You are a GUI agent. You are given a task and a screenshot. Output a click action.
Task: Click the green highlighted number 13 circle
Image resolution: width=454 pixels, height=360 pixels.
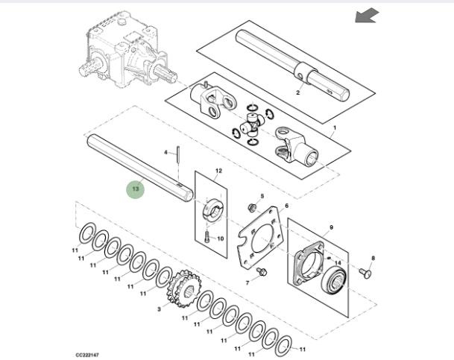tap(136, 189)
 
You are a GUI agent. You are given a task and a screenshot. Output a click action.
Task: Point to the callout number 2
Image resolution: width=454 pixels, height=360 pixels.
tap(298, 92)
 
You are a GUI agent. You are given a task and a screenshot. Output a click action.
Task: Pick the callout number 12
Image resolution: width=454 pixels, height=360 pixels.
tap(218, 171)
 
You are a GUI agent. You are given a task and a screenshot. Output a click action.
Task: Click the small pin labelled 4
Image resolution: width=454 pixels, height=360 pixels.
tap(179, 154)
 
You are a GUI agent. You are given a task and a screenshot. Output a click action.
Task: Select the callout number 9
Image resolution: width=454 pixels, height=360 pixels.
tap(331, 227)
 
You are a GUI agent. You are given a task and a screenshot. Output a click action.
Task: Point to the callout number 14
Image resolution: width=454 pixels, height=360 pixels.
tap(338, 262)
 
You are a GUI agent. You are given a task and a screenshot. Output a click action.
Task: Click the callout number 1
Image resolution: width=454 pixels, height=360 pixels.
tap(334, 128)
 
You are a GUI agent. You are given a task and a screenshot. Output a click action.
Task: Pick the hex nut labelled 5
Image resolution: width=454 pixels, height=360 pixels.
tap(252, 206)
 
